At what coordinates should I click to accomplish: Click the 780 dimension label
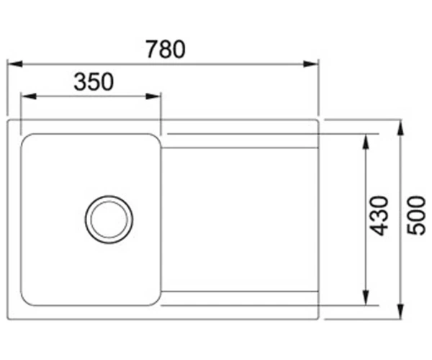pyautogui.click(x=166, y=49)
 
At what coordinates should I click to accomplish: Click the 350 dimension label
pyautogui.click(x=94, y=82)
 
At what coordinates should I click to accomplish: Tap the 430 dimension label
pyautogui.click(x=379, y=216)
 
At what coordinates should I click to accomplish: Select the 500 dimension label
pyautogui.click(x=416, y=215)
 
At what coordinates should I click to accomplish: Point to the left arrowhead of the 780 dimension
pyautogui.click(x=14, y=64)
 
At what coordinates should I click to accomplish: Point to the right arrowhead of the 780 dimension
pyautogui.click(x=311, y=64)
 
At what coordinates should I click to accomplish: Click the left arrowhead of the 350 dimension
pyautogui.click(x=29, y=96)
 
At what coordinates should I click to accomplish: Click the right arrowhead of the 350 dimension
pyautogui.click(x=153, y=96)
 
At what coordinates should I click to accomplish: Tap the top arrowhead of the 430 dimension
pyautogui.click(x=366, y=142)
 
